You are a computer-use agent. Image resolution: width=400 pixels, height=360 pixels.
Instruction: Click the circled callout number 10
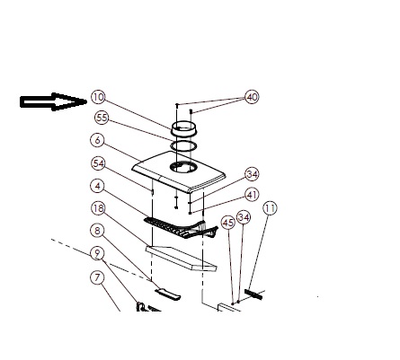98,97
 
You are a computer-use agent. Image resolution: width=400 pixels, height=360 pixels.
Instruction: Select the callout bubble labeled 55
102,118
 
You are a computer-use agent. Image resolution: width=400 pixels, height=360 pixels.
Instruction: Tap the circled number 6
98,140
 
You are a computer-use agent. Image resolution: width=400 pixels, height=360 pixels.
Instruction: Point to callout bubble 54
98,163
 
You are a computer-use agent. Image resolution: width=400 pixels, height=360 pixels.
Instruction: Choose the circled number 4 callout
98,186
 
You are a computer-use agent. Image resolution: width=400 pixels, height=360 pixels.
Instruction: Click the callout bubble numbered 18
98,208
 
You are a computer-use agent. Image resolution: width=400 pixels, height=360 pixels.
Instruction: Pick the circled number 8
98,231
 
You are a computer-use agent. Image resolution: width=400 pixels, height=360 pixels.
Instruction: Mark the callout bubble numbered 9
97,254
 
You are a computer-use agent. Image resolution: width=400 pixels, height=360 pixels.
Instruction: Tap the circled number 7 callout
97,277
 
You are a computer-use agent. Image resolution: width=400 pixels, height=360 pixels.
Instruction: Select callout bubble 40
252,97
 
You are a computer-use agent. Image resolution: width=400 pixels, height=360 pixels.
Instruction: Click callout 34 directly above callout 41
252,174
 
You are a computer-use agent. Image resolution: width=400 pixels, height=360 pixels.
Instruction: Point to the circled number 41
252,195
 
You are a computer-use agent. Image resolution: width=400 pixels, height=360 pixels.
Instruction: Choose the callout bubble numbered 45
228,223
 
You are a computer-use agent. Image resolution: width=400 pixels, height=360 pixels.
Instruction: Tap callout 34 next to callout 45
244,217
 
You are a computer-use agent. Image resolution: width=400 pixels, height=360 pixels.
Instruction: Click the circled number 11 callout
270,208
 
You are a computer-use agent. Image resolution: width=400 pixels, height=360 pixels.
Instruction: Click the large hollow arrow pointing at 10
53,101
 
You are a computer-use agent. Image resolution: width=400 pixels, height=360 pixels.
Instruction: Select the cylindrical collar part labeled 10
182,128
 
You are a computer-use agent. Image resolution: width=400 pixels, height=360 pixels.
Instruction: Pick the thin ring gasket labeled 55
183,146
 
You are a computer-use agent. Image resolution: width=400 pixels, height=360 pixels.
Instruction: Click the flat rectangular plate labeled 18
181,259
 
